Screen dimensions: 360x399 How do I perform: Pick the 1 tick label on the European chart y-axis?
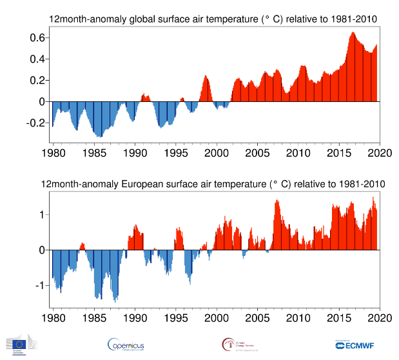pos(41,214)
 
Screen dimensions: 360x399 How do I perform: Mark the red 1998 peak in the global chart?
pos(206,77)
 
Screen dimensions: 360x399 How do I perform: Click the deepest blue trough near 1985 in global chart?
pos(99,135)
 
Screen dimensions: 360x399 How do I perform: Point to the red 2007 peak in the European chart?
pos(277,202)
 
